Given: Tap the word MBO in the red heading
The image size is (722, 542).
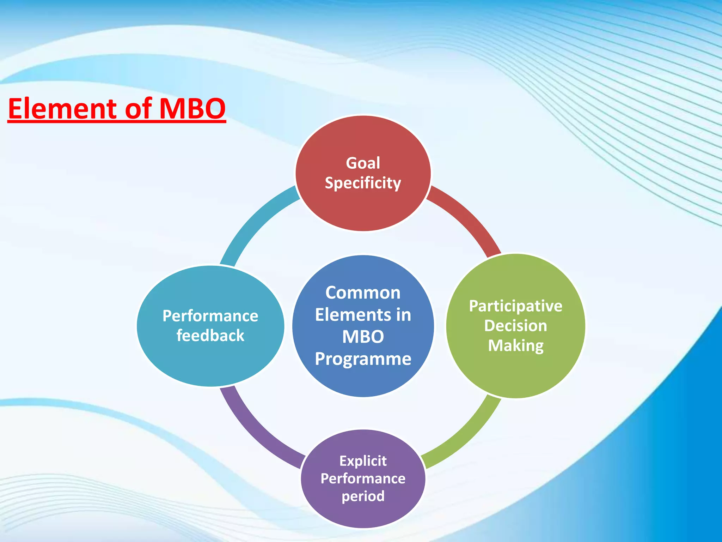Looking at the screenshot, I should pos(192,109).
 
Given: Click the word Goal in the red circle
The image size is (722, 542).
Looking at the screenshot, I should pos(363,163).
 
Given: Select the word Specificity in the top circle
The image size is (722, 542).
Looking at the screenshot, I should pos(363,183).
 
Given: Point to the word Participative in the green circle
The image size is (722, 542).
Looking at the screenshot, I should pos(515,306).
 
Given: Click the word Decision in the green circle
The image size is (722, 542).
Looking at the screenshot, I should pos(515,326).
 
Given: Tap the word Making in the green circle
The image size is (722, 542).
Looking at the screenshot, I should pos(515,345).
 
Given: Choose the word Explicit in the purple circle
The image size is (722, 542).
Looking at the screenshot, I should pos(363,461).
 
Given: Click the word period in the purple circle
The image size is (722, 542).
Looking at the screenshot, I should pos(363,496).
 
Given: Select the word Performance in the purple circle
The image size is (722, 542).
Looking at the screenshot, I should pos(363,478).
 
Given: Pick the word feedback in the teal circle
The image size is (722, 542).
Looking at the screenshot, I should pos(210,335).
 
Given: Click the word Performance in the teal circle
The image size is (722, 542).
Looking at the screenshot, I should pos(210,316).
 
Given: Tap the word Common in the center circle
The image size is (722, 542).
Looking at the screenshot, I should pos(363,293).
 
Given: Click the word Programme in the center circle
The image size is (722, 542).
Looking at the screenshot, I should pos(363,359).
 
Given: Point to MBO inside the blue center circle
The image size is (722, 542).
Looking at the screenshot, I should pos(363,337).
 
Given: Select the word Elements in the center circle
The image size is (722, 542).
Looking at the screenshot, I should pos(348,315).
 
